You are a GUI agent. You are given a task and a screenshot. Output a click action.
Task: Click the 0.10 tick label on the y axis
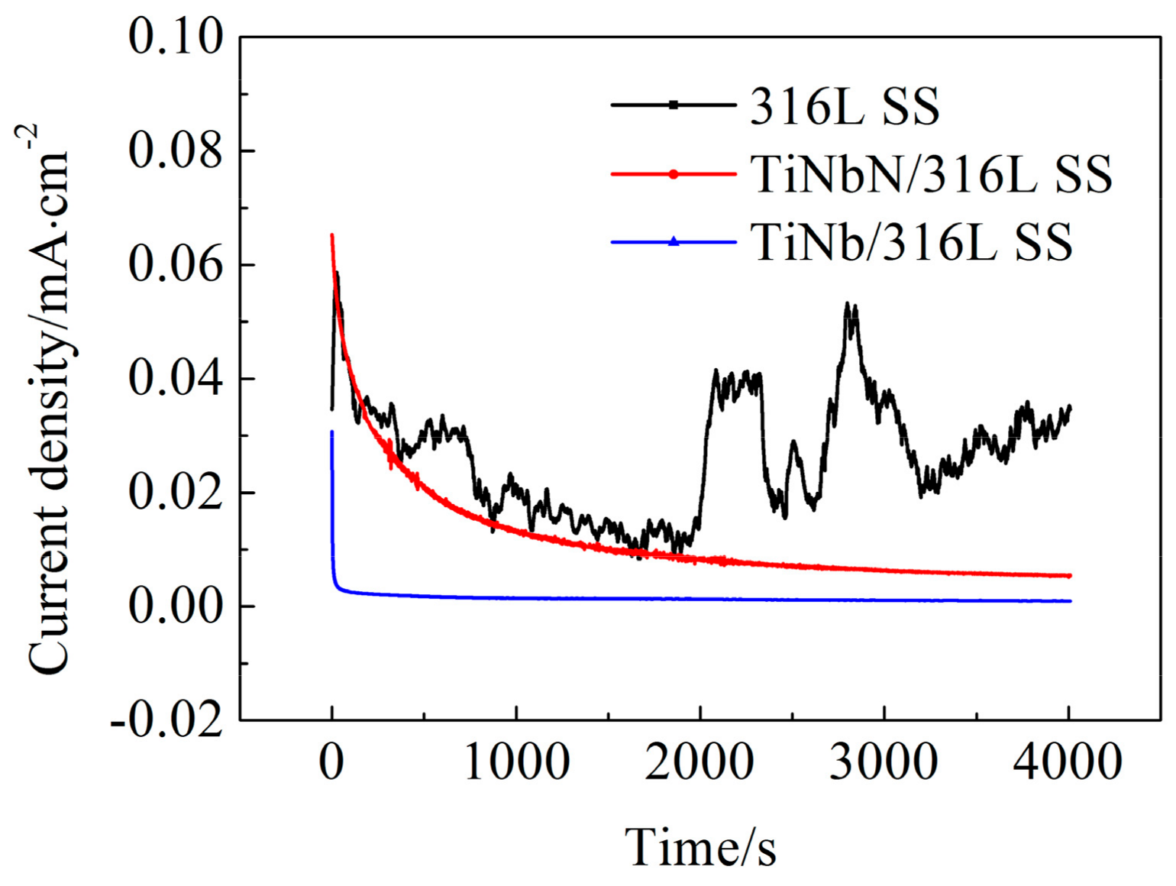coord(175,37)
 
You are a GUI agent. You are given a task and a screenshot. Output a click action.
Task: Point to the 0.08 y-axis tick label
coord(175,150)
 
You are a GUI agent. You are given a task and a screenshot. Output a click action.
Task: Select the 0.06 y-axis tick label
coord(175,264)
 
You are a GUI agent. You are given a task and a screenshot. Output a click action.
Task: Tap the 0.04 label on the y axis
coord(175,378)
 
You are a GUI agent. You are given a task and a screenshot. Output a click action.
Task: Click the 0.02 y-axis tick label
coord(175,492)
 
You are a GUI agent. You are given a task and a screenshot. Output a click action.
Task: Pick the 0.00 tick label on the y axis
coord(175,606)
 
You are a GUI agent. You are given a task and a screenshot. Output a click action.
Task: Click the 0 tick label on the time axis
coord(331,762)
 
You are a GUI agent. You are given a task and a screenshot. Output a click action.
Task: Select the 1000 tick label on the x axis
coord(516,762)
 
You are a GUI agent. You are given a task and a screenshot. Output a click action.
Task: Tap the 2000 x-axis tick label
coord(700,762)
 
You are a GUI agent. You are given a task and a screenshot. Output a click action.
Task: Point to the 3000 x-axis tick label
coord(884,762)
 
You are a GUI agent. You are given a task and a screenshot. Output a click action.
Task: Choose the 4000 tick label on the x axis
coord(1068,762)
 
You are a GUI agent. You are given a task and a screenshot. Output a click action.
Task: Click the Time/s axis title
coord(700,847)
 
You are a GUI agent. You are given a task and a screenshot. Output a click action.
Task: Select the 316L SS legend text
coord(845,106)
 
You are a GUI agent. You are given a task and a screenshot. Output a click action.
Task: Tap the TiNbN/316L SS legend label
coord(931,175)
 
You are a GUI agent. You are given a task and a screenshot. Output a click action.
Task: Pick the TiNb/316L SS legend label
coord(912,243)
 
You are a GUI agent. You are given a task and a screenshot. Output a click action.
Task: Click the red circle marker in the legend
coord(673,175)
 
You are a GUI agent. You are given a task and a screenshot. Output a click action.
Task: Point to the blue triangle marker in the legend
coord(673,242)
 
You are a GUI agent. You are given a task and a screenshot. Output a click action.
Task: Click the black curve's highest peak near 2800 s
coord(847,304)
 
